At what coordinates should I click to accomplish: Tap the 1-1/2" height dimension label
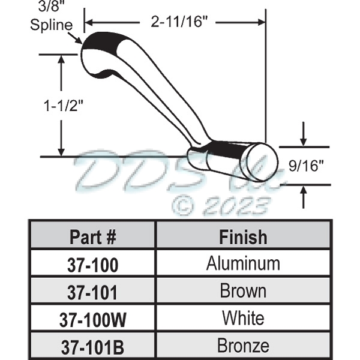point(62,106)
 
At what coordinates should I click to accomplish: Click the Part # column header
point(93,236)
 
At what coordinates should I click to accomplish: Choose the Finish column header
point(243,236)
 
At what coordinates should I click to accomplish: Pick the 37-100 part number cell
point(93,264)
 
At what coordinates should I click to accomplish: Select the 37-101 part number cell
point(93,292)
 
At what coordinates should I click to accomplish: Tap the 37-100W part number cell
point(93,319)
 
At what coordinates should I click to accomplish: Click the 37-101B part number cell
point(93,347)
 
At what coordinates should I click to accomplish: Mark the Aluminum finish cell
point(243,263)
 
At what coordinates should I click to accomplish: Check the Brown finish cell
point(243,292)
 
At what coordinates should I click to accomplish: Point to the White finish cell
point(243,319)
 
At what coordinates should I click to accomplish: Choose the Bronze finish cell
point(243,346)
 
